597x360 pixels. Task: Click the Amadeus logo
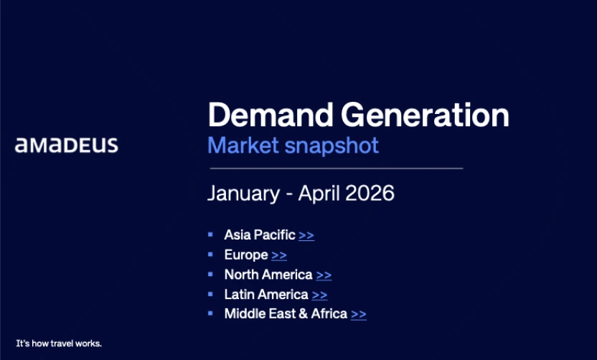click(x=67, y=146)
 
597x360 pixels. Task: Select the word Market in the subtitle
click(x=243, y=146)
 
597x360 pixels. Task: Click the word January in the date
click(x=240, y=194)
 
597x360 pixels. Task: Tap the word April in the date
click(x=320, y=194)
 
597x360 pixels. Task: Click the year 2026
click(x=370, y=194)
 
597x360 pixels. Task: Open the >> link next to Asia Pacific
click(x=306, y=235)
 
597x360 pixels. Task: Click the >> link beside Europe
click(x=279, y=255)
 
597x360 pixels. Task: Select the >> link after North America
click(x=324, y=275)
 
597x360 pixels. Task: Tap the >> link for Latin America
click(x=319, y=295)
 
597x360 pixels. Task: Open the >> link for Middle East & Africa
click(x=359, y=314)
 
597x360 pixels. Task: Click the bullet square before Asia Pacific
click(x=210, y=235)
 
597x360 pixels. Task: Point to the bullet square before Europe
click(x=210, y=255)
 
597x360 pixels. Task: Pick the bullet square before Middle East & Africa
click(x=210, y=313)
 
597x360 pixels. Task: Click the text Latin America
click(x=266, y=294)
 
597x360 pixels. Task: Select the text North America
click(x=268, y=275)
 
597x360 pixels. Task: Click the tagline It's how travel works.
click(x=59, y=344)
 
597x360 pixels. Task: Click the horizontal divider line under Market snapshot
click(x=336, y=169)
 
